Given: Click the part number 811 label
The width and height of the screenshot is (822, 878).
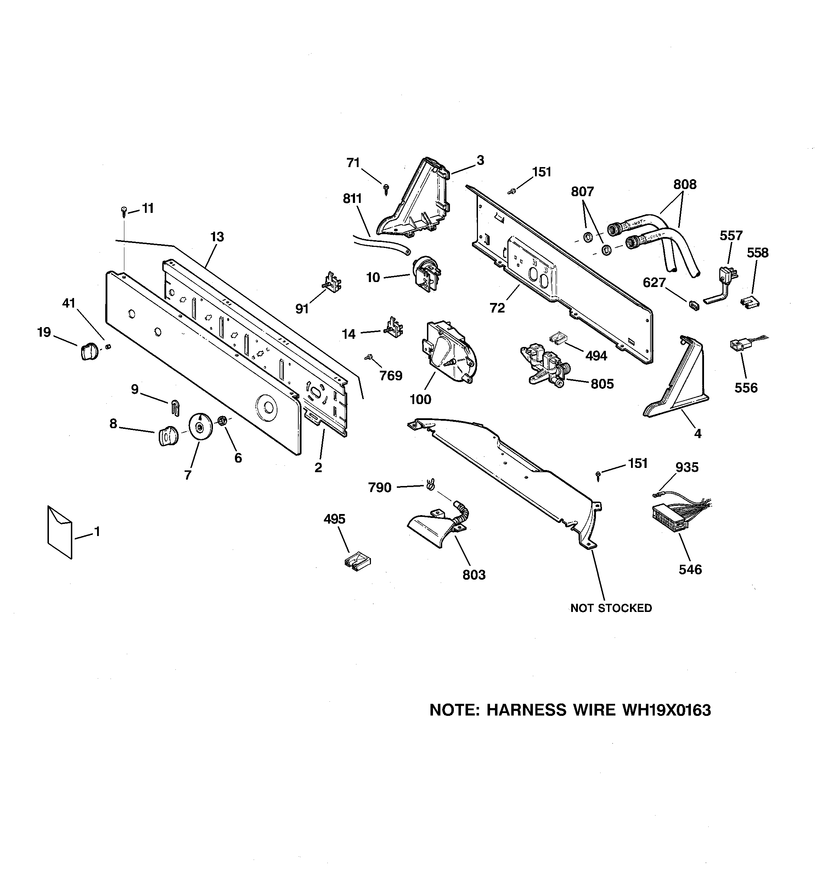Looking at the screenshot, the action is pos(352,199).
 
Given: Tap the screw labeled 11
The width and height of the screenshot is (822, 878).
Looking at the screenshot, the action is pos(124,212).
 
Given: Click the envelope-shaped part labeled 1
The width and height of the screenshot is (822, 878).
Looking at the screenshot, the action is pos(60,532).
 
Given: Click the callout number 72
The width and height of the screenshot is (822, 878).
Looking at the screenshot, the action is pos(497,308).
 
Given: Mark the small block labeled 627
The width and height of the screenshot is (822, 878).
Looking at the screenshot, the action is pos(693,305).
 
